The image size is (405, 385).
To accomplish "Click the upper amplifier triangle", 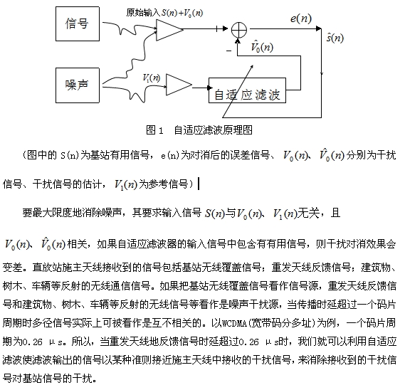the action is (169, 30).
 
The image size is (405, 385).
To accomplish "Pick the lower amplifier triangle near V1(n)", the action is (179, 85).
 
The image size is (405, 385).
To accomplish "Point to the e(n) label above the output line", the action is (300, 19).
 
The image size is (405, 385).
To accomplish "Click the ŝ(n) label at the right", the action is (335, 38).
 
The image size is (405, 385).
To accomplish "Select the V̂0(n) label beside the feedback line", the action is (262, 46).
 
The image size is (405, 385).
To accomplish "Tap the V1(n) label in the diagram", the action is (152, 78).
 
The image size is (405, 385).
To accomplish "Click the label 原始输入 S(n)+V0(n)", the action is (164, 13).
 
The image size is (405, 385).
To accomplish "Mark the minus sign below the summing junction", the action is (229, 51).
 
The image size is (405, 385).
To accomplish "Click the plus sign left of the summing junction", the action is (218, 28).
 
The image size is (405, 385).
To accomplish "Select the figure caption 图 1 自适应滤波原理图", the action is (199, 130).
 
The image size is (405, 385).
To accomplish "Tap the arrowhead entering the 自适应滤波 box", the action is (210, 88).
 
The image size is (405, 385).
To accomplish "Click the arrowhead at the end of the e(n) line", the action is (319, 28).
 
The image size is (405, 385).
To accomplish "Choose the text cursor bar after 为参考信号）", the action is (199, 184).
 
